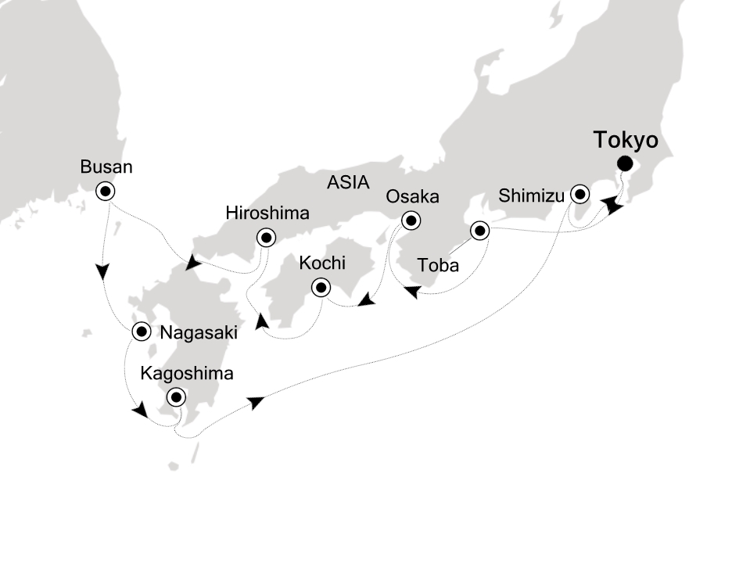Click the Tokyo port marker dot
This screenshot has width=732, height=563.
pos(625,163)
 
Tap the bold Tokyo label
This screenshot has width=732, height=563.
pos(625,141)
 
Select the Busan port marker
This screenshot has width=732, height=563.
pos(105,190)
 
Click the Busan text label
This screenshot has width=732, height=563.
pos(106,167)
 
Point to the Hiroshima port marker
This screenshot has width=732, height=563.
pos(267,237)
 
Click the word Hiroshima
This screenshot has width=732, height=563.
pos(267,213)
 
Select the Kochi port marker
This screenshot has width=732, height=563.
pos(321,288)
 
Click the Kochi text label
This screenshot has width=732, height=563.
pos(322,263)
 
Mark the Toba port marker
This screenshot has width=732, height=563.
pos(479,231)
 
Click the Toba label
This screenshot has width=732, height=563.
pos(439,266)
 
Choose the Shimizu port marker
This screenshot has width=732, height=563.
pos(579,193)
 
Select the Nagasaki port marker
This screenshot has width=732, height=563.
pos(141,332)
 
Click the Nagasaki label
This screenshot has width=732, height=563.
pos(198,332)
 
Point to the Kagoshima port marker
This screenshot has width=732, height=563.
pos(176,396)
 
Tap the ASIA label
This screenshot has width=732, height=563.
pos(347,184)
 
